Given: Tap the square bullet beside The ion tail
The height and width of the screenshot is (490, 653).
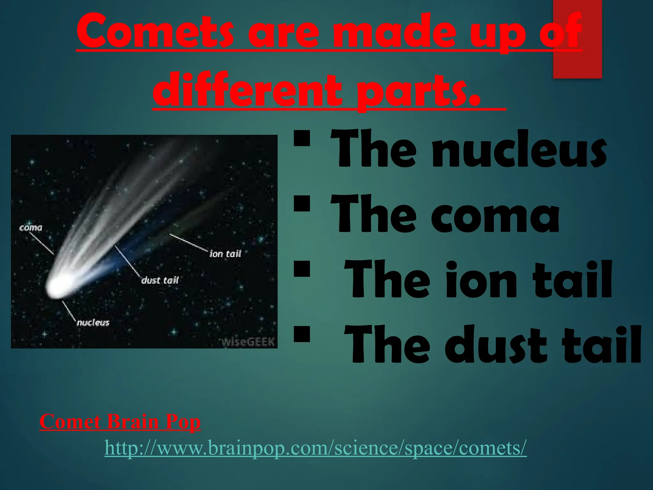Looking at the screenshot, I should tap(302, 269).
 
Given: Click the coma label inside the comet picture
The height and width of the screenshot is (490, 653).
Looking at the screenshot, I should tap(31, 228).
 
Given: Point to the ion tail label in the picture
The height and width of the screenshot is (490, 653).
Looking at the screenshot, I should tap(225, 254).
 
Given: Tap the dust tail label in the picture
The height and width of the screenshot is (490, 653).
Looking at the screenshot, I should tap(160, 280).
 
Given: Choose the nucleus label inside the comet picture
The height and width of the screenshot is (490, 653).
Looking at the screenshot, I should tap(93, 323).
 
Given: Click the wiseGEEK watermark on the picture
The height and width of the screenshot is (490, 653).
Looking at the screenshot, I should tap(248, 342).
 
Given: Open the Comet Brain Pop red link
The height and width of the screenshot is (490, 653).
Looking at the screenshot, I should tap(120, 422).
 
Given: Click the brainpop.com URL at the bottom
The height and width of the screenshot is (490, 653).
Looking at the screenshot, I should tap(315, 448).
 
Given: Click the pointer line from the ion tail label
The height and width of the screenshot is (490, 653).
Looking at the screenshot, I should tap(188, 242).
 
